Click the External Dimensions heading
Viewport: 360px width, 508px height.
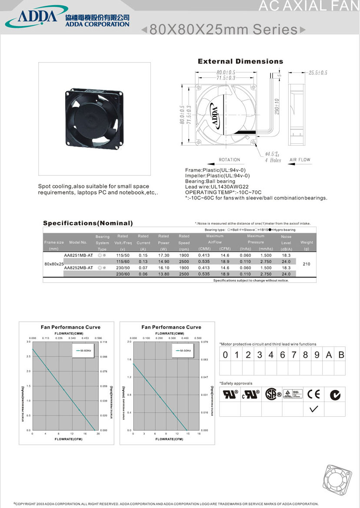coord(240,61)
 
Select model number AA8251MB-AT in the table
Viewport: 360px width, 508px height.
coord(78,256)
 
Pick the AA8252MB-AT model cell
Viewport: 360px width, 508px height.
coord(78,268)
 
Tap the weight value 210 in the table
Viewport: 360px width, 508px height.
coord(306,264)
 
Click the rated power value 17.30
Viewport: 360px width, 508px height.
coord(163,256)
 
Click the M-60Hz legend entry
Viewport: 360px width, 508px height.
coord(83,350)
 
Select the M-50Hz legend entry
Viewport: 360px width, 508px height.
coord(184,350)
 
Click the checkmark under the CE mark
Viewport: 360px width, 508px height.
coord(314,409)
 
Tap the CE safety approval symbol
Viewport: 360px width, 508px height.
coord(313,394)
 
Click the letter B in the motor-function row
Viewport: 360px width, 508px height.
coord(341,355)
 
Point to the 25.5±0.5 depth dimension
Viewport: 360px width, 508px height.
coord(317,73)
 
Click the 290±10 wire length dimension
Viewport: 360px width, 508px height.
coord(277,106)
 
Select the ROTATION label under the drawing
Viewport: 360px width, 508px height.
coord(229,160)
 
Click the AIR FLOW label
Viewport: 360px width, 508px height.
coord(300,160)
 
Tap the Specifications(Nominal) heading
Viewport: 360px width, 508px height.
coord(87,223)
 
